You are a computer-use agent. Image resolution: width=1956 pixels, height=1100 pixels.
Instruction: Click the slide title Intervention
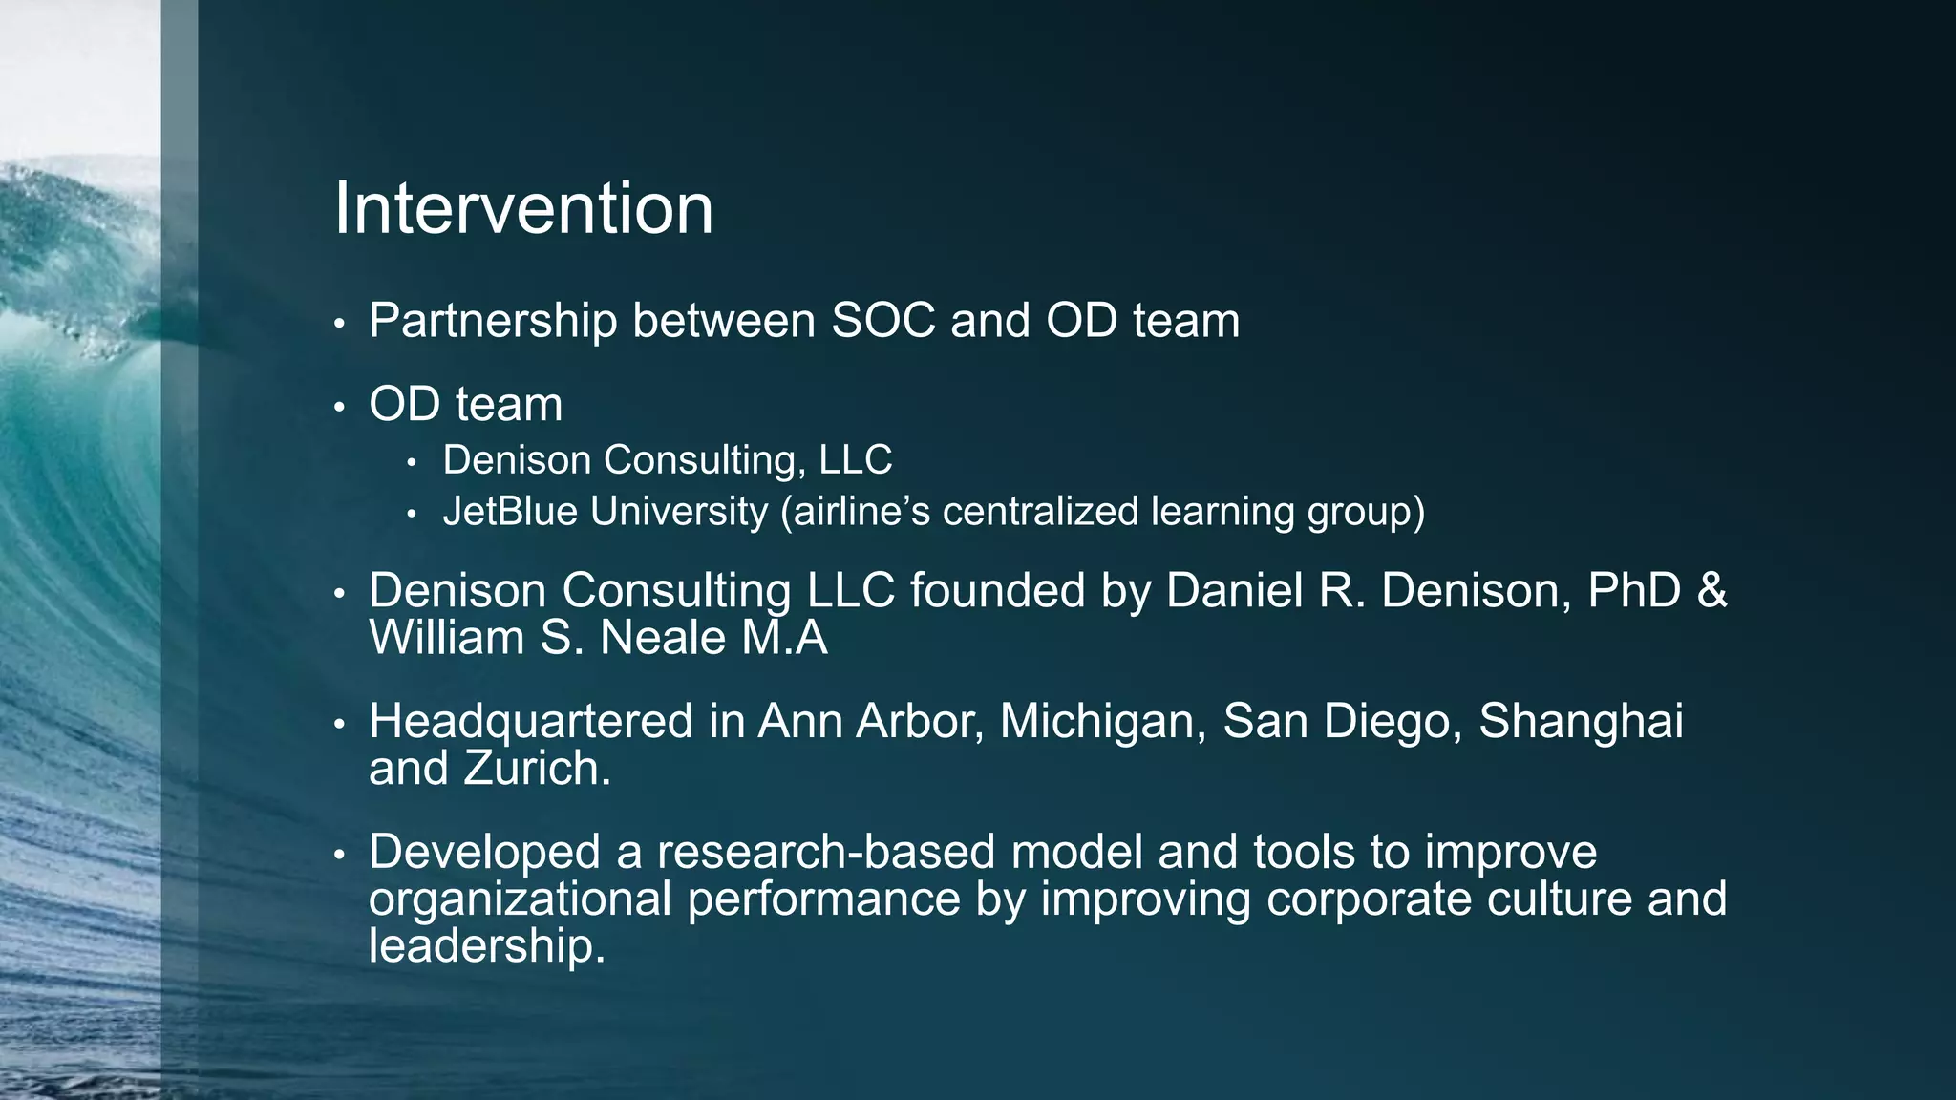523,208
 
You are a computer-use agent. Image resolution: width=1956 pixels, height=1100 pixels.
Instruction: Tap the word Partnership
493,321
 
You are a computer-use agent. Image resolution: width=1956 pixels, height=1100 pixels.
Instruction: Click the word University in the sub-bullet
678,512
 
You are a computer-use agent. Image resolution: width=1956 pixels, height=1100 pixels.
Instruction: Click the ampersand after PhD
1712,590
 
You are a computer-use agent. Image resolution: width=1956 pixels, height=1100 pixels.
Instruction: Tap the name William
447,638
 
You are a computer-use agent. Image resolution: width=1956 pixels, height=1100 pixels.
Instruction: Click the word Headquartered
531,721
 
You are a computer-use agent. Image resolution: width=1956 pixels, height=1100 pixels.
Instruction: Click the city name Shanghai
1581,721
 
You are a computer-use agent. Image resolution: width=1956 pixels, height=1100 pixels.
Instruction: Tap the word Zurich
537,769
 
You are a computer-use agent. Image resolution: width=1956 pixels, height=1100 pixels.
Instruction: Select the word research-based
826,852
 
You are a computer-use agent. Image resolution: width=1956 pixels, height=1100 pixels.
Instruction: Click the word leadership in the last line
487,946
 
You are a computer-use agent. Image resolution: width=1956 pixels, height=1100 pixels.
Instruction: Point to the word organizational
520,899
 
